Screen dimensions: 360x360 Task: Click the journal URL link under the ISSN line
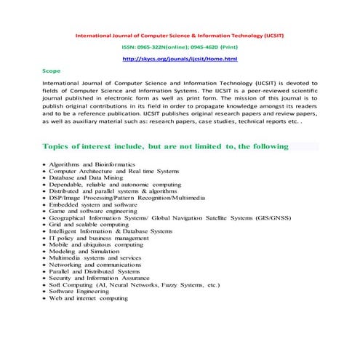(x=180, y=58)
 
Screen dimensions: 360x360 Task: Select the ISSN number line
(x=180, y=47)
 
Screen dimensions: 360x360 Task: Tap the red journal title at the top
(x=180, y=34)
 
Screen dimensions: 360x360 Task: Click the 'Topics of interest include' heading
(x=166, y=146)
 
